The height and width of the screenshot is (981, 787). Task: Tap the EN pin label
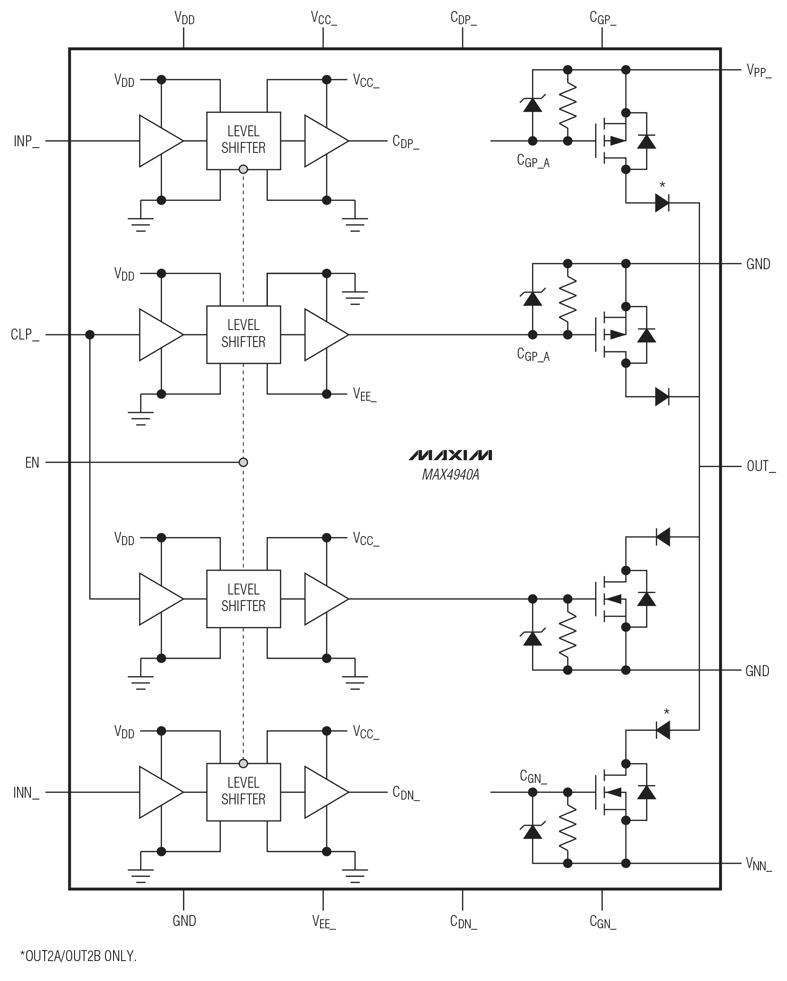[x=32, y=462]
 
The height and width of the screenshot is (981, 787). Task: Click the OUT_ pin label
[x=760, y=467]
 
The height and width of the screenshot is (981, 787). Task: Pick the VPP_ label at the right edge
[x=759, y=71]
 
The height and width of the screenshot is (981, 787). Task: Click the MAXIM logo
[x=450, y=455]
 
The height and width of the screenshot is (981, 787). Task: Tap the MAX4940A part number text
[x=450, y=475]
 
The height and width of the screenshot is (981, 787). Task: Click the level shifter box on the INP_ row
[x=243, y=141]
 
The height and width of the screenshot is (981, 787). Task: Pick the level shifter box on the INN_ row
[x=243, y=792]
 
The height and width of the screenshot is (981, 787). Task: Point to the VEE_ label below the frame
[x=324, y=922]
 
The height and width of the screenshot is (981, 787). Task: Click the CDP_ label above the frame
[x=463, y=19]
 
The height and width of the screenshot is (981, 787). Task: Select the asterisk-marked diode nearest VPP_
[x=662, y=203]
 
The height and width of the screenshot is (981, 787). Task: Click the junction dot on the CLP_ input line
[x=89, y=335]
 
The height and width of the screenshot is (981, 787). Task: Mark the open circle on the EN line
[x=243, y=462]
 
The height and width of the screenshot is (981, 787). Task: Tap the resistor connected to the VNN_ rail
[x=567, y=827]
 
